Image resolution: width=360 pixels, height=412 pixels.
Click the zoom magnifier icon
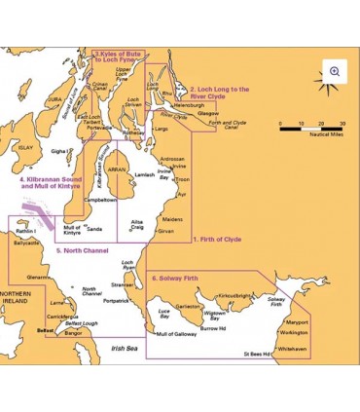(335, 71)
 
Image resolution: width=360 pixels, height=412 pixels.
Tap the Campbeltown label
(100, 199)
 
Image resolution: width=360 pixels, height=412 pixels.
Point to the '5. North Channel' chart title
(83, 251)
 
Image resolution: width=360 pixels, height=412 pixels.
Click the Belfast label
(45, 331)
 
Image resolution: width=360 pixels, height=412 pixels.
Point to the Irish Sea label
(124, 349)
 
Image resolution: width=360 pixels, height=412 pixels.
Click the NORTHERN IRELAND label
(18, 299)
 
